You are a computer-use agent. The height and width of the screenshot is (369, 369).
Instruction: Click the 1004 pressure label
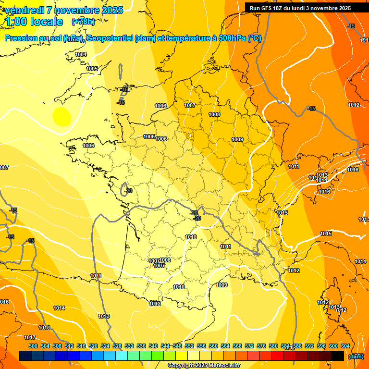click(81, 54)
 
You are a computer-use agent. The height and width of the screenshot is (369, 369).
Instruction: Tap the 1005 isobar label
click(92, 69)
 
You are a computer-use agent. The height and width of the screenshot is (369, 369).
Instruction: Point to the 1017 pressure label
click(30, 337)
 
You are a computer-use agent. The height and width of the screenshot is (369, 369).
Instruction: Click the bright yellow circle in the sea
click(61, 116)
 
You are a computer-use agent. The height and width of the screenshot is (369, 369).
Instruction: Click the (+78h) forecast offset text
click(83, 21)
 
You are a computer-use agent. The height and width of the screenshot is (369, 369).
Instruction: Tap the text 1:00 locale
click(34, 22)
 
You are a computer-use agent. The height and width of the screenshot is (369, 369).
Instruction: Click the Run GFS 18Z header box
click(300, 8)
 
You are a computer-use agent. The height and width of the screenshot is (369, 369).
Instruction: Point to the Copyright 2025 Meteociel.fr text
click(204, 366)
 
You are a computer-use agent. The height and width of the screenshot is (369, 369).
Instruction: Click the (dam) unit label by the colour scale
click(356, 356)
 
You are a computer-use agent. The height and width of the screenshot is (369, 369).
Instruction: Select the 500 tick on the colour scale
click(33, 346)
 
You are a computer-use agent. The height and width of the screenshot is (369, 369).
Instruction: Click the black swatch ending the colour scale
click(338, 356)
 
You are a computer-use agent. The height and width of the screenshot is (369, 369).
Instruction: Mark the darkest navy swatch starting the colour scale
click(25, 356)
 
